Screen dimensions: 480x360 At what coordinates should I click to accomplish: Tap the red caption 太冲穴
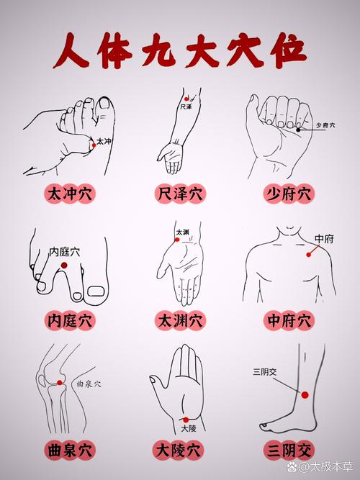click(70, 194)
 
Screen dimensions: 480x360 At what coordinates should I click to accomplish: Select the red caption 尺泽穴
click(179, 194)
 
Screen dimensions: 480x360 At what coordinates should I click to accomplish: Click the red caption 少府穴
click(289, 194)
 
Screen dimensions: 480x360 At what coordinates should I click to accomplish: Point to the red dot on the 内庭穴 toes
click(64, 266)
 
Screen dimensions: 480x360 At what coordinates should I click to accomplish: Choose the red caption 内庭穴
click(70, 319)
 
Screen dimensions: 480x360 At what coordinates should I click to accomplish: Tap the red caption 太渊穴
click(179, 319)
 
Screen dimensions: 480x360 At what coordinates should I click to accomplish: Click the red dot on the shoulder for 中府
click(310, 253)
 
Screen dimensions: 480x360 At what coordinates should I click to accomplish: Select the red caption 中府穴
click(289, 319)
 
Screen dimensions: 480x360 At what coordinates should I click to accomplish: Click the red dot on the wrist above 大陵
click(186, 419)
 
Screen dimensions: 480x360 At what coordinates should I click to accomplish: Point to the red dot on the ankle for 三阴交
click(305, 395)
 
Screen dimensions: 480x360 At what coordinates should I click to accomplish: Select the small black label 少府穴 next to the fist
click(325, 124)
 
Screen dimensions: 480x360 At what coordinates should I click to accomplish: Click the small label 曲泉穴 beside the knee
click(89, 384)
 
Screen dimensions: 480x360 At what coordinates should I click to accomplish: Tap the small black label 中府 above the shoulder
click(325, 238)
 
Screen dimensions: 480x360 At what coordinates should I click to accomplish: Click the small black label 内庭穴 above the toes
click(64, 252)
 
